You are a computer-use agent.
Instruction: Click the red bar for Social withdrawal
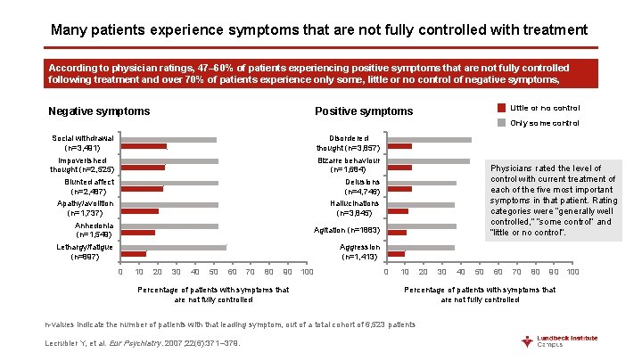pyautogui.click(x=144, y=146)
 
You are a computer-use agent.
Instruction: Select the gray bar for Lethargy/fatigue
pyautogui.click(x=174, y=247)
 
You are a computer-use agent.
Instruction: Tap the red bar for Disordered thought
pyautogui.click(x=399, y=146)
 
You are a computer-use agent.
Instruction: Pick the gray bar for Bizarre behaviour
pyautogui.click(x=428, y=161)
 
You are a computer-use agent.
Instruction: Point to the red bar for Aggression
pyautogui.click(x=396, y=254)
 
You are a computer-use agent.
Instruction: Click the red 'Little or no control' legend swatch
pyautogui.click(x=501, y=108)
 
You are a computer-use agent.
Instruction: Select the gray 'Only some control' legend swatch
pyautogui.click(x=501, y=123)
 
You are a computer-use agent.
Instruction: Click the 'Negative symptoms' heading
pyautogui.click(x=99, y=111)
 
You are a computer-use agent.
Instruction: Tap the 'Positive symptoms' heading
pyautogui.click(x=364, y=111)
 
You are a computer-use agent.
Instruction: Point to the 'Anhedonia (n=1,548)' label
pyautogui.click(x=81, y=229)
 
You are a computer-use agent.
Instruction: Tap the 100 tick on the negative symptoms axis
pyautogui.click(x=307, y=271)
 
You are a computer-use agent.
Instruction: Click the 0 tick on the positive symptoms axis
pyautogui.click(x=386, y=271)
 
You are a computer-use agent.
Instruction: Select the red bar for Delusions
pyautogui.click(x=399, y=189)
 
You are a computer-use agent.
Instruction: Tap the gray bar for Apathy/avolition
pyautogui.click(x=169, y=204)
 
